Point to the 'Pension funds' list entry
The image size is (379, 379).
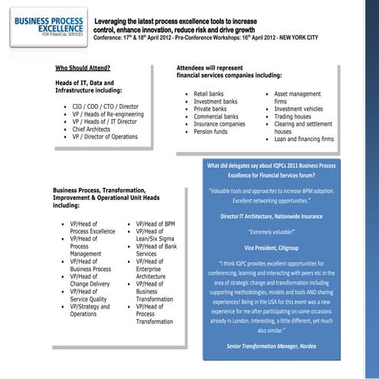[214, 131]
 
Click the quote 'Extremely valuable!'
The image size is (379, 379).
[288, 230]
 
